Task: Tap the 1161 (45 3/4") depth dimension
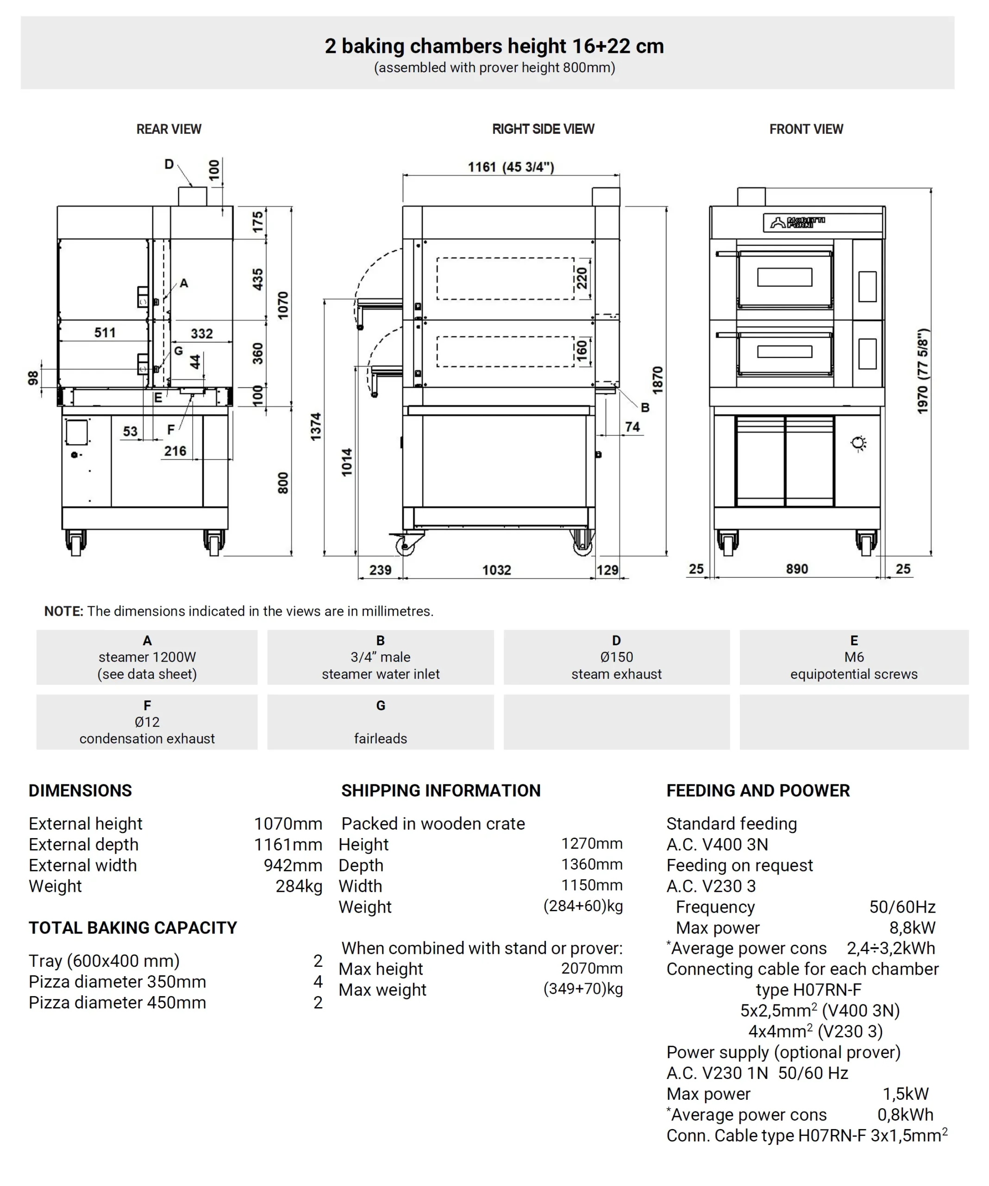click(x=510, y=167)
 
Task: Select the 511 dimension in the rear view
click(x=105, y=333)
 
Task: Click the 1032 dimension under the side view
click(x=496, y=570)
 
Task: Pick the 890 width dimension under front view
click(x=796, y=569)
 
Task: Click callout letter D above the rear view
click(x=169, y=164)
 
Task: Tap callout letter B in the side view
click(x=645, y=407)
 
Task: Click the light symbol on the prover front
click(x=858, y=443)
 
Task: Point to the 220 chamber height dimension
click(x=582, y=278)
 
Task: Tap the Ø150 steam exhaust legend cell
click(x=616, y=657)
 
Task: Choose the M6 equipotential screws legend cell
click(x=853, y=657)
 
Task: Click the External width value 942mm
click(x=293, y=865)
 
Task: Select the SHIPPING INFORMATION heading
click(x=440, y=791)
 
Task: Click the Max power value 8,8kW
click(x=912, y=928)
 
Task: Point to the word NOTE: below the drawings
click(x=63, y=611)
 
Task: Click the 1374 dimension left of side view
click(x=316, y=426)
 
